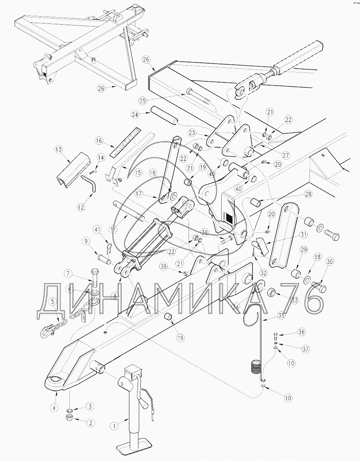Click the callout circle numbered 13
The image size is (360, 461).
click(59, 150)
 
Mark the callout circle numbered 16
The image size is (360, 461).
click(99, 141)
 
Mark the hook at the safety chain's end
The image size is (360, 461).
click(48, 330)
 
